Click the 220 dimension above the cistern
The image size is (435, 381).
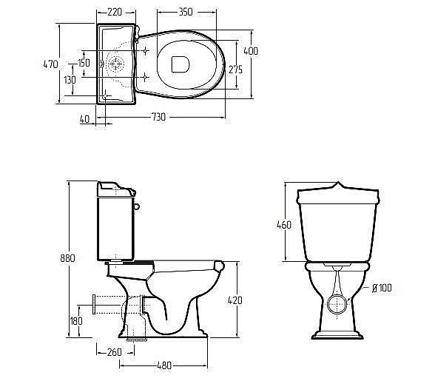(115, 13)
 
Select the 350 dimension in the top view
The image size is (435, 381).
(185, 13)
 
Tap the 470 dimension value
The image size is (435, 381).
(51, 64)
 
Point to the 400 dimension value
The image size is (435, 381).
(251, 51)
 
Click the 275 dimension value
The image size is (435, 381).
(235, 70)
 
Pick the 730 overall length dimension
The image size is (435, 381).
(158, 117)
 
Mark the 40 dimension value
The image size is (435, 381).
(84, 119)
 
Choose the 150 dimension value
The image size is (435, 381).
(84, 63)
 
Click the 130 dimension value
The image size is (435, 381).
(70, 80)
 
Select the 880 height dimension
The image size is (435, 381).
(68, 258)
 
